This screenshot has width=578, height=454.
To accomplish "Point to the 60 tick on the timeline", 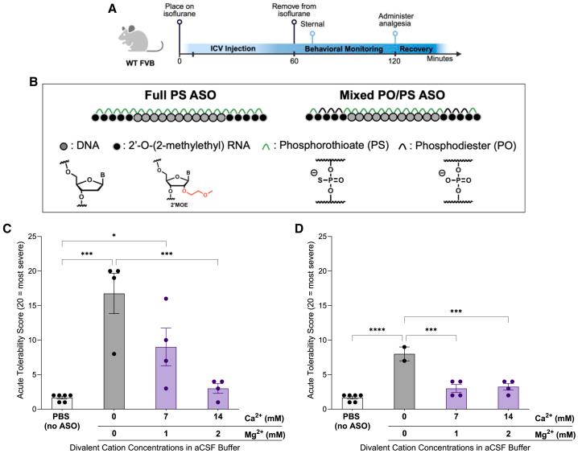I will [295, 61].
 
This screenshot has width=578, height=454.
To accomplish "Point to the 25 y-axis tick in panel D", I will [336, 236].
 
